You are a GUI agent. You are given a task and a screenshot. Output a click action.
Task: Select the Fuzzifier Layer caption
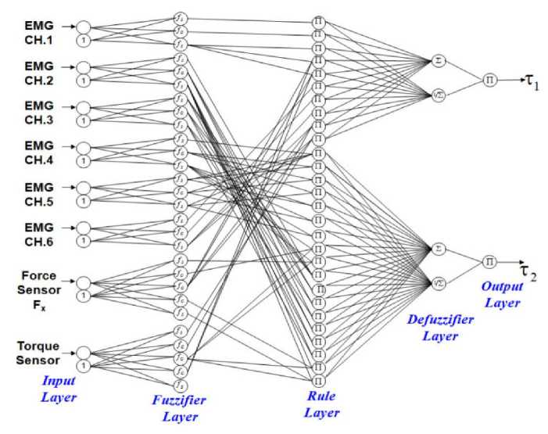click(x=180, y=407)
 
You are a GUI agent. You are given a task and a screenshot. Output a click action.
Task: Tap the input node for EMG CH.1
click(x=84, y=26)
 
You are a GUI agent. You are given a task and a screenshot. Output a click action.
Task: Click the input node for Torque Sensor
click(x=84, y=352)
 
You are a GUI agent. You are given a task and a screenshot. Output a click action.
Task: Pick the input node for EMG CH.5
click(x=84, y=187)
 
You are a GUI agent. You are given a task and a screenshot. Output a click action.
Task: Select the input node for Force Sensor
click(x=84, y=282)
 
